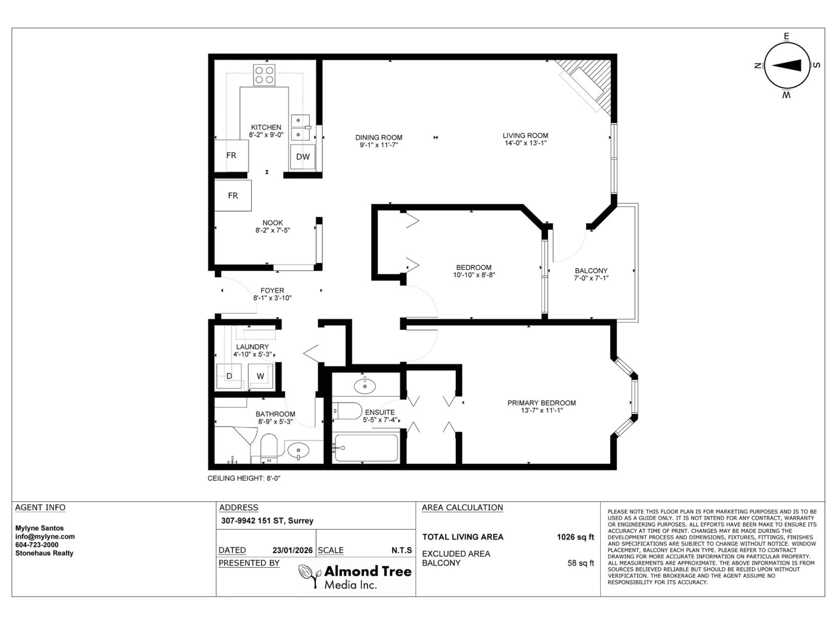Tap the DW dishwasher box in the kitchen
coord(302,156)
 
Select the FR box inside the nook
coord(233,195)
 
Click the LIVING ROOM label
coord(525,135)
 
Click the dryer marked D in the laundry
coord(229,376)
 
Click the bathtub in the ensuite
coord(366,448)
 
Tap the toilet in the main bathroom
coord(269,448)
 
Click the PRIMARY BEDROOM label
coord(541,403)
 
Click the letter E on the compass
coord(786,37)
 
